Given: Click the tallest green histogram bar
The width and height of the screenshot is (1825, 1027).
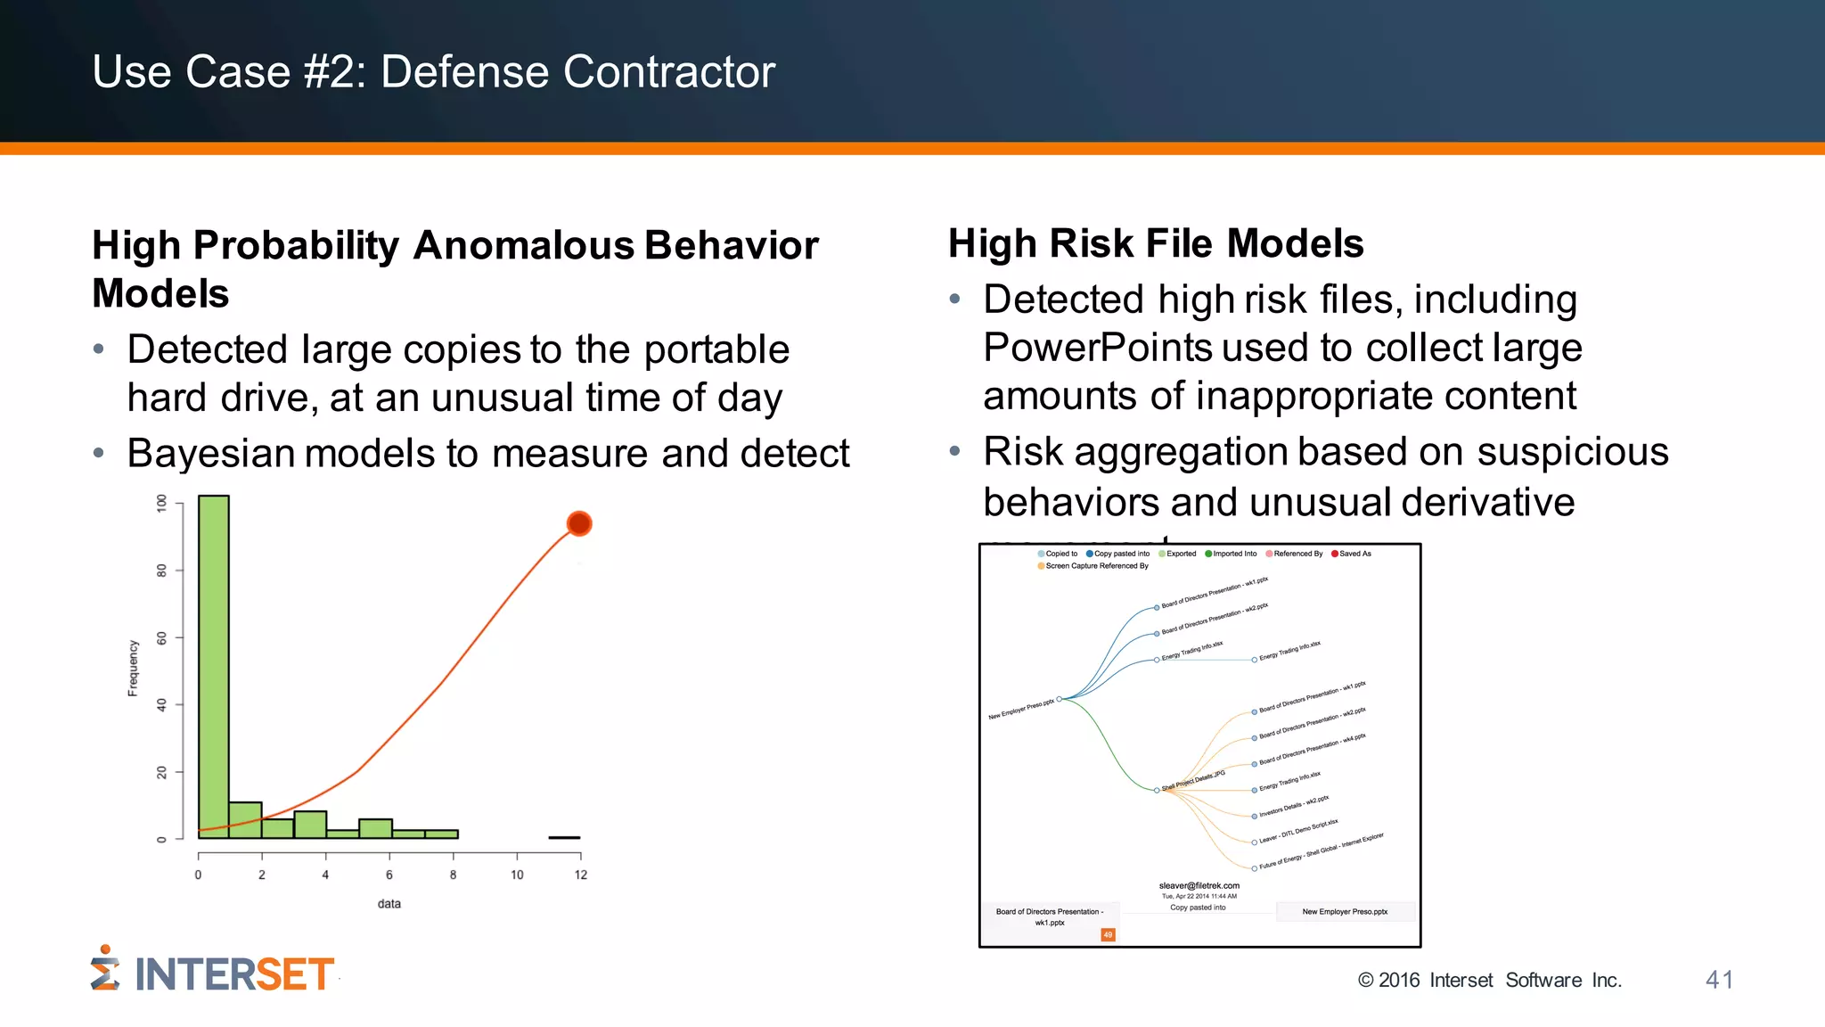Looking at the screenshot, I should (x=214, y=664).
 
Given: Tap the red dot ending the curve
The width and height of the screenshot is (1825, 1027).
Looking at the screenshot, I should (x=579, y=523).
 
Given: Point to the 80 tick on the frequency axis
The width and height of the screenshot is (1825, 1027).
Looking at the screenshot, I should (x=161, y=571).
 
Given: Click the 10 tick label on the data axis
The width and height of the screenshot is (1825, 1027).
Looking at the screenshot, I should (x=517, y=875).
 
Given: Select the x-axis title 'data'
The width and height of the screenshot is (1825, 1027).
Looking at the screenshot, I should (x=389, y=904).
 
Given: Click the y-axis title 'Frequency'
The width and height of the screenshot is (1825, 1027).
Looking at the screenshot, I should (x=133, y=668).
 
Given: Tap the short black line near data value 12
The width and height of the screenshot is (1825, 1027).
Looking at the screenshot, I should (x=564, y=837).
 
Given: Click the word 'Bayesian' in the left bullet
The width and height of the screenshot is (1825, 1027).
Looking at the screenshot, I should (x=210, y=454).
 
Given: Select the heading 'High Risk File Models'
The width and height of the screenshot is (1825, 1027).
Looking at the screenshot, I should (x=1156, y=243).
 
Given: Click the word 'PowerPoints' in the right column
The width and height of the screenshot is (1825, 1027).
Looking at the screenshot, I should (x=1097, y=348).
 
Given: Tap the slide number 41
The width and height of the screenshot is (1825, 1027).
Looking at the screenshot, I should (x=1719, y=980).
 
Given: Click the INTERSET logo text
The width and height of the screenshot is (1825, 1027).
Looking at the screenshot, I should (x=233, y=974).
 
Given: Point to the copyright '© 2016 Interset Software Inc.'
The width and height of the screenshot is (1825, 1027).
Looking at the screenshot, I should (x=1489, y=981).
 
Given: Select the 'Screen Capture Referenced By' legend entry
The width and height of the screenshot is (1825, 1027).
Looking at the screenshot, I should (x=1096, y=566).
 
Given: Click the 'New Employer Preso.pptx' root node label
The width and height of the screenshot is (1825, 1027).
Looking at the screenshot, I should (x=1021, y=710).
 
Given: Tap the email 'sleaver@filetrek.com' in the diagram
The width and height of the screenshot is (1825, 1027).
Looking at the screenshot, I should (x=1199, y=886).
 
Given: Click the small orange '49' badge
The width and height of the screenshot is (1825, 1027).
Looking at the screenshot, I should (x=1108, y=935).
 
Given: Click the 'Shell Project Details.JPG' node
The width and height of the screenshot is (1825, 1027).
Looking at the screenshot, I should (x=1192, y=782).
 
